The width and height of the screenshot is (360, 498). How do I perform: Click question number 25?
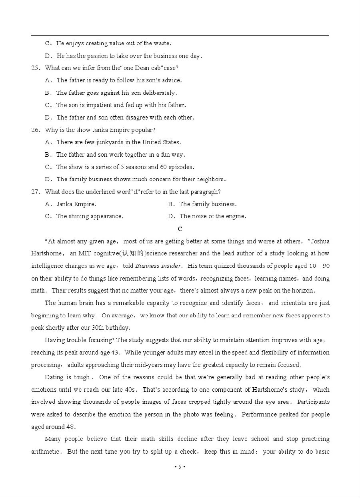coord(35,68)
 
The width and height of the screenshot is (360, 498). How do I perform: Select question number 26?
coord(35,130)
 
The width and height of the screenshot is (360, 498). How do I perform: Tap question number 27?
coord(35,192)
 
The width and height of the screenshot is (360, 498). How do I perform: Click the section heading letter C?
coord(180,229)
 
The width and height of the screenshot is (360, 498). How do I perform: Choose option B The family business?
coord(207,204)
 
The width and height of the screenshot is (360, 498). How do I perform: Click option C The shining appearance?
coord(89,217)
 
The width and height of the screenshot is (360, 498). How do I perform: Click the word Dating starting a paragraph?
coord(54,377)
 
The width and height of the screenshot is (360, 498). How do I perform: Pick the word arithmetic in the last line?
coord(46,452)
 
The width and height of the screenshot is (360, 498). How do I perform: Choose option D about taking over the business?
coord(129,56)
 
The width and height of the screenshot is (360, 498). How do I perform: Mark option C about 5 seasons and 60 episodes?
coord(125,167)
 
